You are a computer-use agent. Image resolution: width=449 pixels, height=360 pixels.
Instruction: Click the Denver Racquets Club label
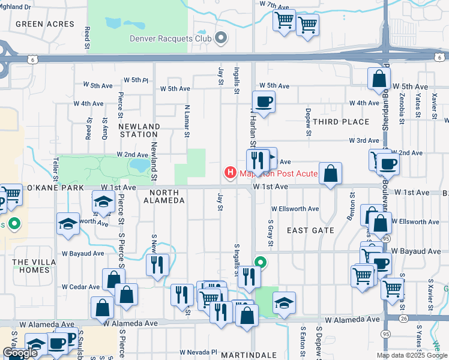coord(171,39)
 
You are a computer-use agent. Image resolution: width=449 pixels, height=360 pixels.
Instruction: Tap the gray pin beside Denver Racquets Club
coord(220,39)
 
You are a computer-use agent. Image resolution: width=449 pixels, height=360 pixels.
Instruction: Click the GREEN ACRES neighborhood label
coord(45,24)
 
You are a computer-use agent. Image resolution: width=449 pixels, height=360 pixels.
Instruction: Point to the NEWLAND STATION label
coord(139,131)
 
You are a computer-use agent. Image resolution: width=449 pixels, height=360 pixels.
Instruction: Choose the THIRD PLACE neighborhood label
coord(341,122)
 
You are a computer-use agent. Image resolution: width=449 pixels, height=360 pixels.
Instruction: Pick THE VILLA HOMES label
coord(31,266)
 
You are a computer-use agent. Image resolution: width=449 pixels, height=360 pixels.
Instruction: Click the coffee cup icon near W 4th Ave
coord(264,101)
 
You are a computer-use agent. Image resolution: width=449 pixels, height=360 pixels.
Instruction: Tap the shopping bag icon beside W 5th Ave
coord(379,79)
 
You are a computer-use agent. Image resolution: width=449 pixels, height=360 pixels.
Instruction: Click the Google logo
coord(20,352)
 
